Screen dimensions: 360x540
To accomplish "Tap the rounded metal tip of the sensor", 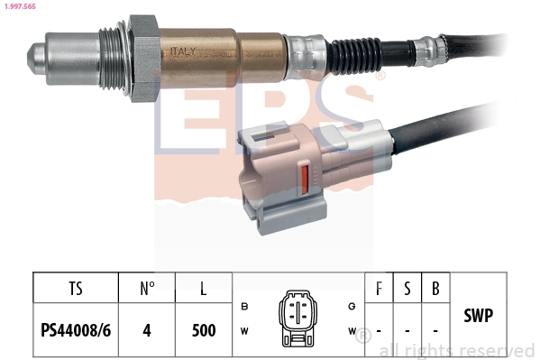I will coord(33,55).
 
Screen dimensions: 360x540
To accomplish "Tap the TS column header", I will coord(76,290).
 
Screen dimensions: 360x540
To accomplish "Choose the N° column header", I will coord(147,290).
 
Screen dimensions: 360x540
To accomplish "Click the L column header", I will coord(204,290).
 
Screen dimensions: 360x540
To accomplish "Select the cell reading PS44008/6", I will coord(76,329).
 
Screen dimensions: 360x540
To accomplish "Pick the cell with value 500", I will coord(204,329).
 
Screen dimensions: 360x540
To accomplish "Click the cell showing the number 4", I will coord(147,329).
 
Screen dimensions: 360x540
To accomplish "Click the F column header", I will coord(378,290).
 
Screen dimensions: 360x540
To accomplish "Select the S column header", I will coord(407,290).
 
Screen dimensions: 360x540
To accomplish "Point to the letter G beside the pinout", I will coord(351,307).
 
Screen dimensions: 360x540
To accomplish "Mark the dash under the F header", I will coord(378,330).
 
